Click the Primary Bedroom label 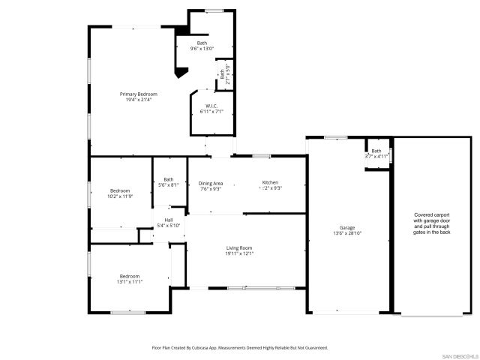pos(139,94)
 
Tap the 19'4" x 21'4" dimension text pos(139,100)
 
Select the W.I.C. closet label pos(211,106)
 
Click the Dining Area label pos(211,183)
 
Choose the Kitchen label pos(270,183)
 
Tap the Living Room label pos(239,247)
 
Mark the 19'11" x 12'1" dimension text pos(239,253)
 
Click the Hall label pos(169,220)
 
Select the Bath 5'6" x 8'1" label pos(169,179)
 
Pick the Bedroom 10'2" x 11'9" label pos(120,190)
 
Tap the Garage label pos(346,227)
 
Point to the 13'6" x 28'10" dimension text pos(346,233)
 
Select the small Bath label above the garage pos(376,151)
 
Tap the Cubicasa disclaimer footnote pos(240,348)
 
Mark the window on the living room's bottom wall pos(250,288)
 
